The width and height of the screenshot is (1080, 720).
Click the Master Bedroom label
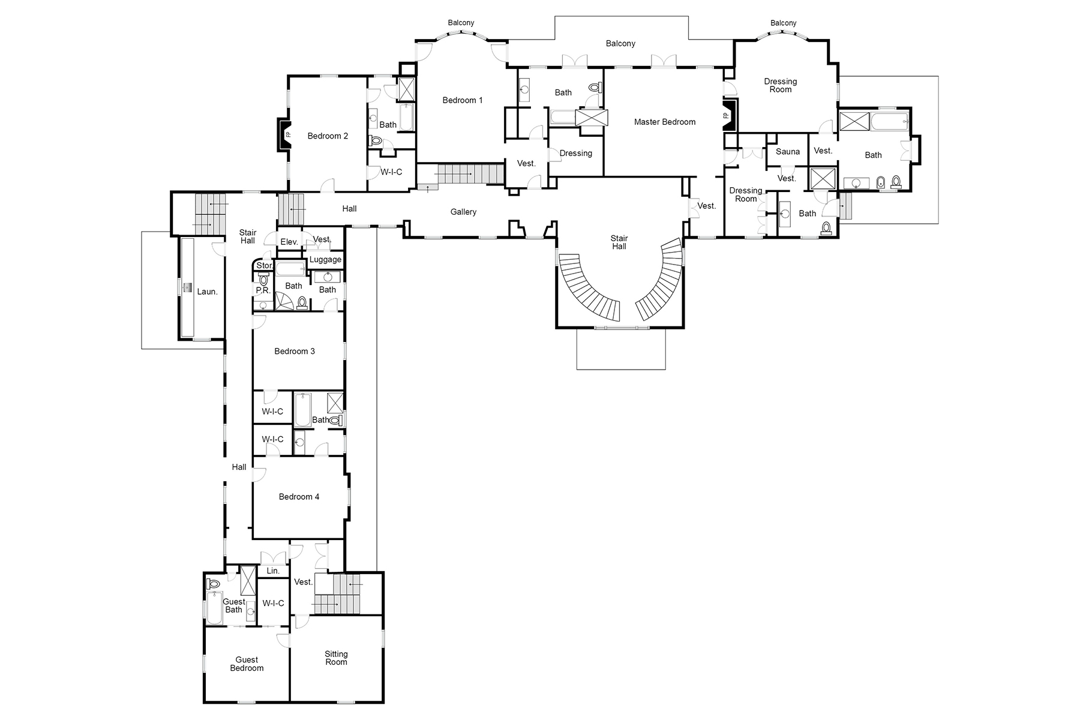pyautogui.click(x=664, y=122)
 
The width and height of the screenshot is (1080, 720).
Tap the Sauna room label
pyautogui.click(x=787, y=152)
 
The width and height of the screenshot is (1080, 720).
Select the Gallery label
pyautogui.click(x=463, y=212)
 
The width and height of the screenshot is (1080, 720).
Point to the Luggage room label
pyautogui.click(x=325, y=260)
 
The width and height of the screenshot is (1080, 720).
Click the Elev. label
pyautogui.click(x=289, y=242)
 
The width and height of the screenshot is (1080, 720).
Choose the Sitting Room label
pyautogui.click(x=336, y=658)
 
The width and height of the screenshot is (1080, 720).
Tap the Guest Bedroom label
pyautogui.click(x=247, y=664)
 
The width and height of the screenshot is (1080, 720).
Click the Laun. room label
pyautogui.click(x=207, y=292)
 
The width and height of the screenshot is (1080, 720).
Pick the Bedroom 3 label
pyautogui.click(x=295, y=351)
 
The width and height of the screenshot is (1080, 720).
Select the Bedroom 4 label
pyautogui.click(x=299, y=497)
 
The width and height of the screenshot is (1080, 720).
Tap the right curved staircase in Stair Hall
pyautogui.click(x=660, y=285)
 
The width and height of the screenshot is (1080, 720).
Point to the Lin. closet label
pyautogui.click(x=273, y=571)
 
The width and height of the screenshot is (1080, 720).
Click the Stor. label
pyautogui.click(x=264, y=265)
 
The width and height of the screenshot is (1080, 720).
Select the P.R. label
pyautogui.click(x=263, y=290)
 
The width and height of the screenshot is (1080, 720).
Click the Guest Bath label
pyautogui.click(x=233, y=605)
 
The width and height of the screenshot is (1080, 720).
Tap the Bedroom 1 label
pyautogui.click(x=463, y=100)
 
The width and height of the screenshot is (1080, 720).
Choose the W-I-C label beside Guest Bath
pyautogui.click(x=273, y=603)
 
